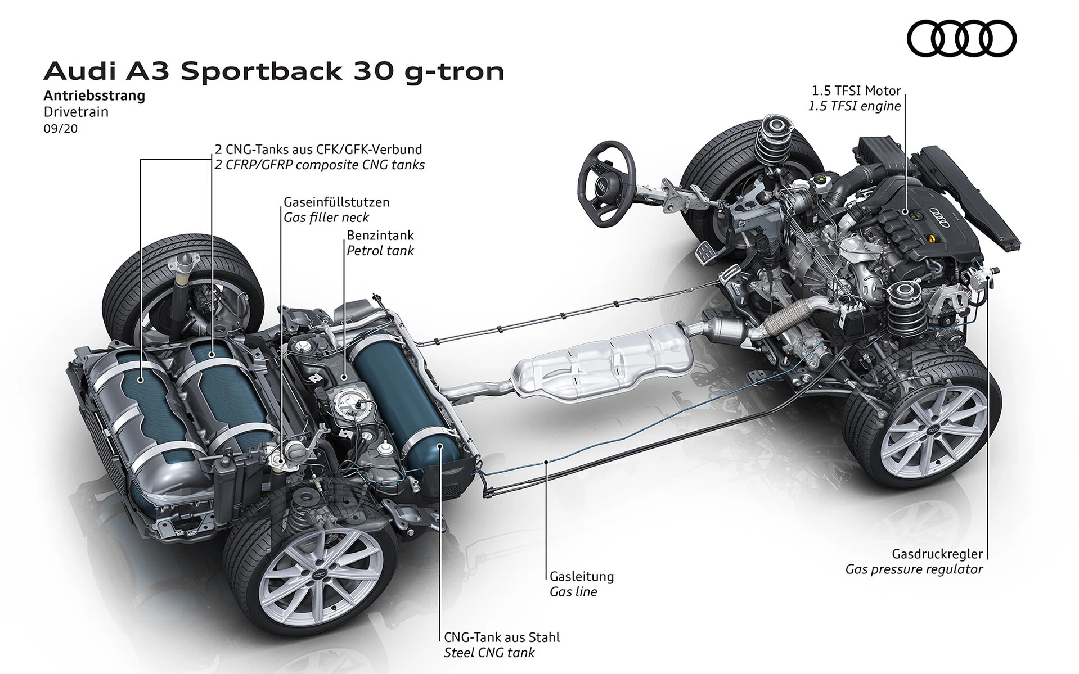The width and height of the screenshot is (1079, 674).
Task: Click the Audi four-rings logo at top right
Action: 961,39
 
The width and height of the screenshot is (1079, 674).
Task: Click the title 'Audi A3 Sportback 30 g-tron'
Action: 274,72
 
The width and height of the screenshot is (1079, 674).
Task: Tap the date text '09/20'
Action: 60,129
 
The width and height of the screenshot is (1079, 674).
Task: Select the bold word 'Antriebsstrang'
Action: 95,96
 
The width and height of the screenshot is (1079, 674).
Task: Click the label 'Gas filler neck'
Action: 326,218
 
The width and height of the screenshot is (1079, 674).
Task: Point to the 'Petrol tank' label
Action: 380,251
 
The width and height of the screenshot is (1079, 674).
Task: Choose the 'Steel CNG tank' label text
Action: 489,653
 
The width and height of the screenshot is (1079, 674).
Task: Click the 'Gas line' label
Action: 573,591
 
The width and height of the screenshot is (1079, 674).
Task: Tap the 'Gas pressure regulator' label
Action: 914,569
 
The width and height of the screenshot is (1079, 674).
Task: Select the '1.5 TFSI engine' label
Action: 855,106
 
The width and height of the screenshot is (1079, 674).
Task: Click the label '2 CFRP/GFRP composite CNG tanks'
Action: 320,165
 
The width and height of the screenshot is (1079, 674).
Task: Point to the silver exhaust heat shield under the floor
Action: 602,363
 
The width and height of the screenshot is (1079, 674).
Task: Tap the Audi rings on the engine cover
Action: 940,213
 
